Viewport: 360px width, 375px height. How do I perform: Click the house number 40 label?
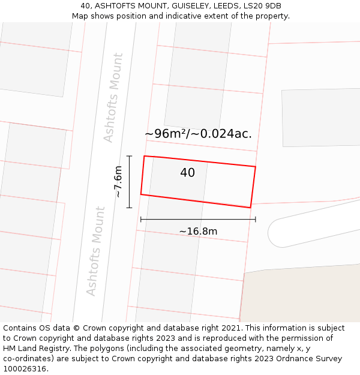point(187,173)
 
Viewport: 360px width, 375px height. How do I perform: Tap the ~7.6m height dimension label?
point(118,182)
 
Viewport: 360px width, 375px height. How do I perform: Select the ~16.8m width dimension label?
point(198,231)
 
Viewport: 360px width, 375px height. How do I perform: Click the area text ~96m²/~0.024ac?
point(198,134)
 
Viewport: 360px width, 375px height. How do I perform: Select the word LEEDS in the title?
point(224,6)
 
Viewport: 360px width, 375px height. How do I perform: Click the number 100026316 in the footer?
point(23,369)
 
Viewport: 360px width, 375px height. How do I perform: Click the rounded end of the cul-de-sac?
point(277,233)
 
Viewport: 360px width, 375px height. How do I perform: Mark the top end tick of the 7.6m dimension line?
point(129,156)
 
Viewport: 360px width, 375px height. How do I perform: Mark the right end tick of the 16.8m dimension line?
point(256,220)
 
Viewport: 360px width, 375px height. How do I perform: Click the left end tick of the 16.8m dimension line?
point(141,220)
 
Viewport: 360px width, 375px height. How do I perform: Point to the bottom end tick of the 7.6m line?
point(129,208)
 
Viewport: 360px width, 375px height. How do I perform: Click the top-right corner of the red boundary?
point(256,166)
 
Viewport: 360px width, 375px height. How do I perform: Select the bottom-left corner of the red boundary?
point(141,194)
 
